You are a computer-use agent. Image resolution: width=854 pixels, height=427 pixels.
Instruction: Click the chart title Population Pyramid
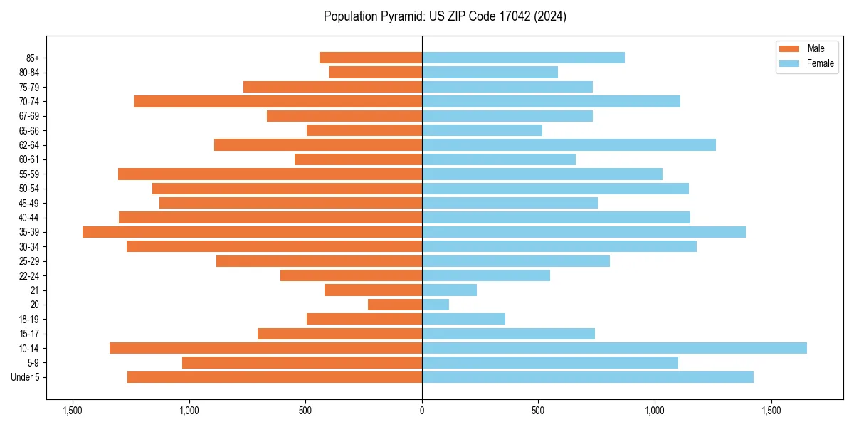(x=445, y=16)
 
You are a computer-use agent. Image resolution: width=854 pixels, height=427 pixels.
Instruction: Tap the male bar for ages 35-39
(x=252, y=232)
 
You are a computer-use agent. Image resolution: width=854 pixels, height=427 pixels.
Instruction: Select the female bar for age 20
(x=436, y=305)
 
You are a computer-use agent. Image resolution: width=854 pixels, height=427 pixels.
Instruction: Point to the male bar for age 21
(x=373, y=290)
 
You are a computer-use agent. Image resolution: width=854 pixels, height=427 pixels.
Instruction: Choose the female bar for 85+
(x=523, y=58)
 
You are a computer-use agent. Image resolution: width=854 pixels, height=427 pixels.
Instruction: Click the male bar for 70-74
(x=278, y=101)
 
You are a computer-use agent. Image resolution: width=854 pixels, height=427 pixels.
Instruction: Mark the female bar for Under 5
(x=587, y=377)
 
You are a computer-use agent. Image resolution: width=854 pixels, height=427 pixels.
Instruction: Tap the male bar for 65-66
(x=364, y=130)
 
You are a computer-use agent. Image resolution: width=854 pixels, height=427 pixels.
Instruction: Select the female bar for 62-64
(x=569, y=144)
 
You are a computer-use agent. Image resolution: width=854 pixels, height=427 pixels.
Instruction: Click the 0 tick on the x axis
(x=422, y=411)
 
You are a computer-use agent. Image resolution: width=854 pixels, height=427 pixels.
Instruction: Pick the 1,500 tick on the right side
(x=771, y=411)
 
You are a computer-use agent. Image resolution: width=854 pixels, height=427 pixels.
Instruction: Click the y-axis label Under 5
(x=25, y=377)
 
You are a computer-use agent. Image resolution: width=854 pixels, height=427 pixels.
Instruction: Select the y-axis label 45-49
(x=28, y=203)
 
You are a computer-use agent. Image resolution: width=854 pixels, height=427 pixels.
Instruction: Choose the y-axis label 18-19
(x=28, y=319)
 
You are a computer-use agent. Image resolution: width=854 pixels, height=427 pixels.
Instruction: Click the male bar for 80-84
(x=375, y=72)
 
